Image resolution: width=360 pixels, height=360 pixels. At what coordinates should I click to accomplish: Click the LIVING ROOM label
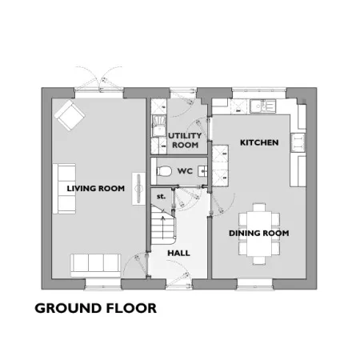96,189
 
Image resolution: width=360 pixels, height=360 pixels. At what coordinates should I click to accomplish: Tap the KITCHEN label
259,142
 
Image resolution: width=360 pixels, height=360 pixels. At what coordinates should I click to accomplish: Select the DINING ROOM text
259,233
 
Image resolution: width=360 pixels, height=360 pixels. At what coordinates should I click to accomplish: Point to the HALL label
178,253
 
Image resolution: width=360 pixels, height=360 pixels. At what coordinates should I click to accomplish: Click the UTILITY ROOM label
185,140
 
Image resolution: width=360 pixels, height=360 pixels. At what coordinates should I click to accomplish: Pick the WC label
185,171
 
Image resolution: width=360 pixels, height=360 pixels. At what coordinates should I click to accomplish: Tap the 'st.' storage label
161,197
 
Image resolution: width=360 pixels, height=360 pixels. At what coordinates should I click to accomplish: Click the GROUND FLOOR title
96,308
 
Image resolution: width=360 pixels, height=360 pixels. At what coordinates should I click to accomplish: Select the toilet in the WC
164,171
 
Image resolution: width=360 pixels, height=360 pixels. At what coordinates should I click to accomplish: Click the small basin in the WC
202,171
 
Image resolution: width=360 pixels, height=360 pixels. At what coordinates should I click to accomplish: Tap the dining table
259,234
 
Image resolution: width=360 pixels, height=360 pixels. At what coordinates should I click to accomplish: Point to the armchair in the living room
70,115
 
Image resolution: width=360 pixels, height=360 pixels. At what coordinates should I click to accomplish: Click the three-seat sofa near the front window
95,266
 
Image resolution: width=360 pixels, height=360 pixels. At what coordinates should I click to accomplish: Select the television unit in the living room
138,189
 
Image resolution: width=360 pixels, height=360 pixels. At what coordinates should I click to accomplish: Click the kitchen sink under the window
263,106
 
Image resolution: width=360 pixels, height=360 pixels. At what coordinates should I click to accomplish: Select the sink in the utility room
158,126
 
